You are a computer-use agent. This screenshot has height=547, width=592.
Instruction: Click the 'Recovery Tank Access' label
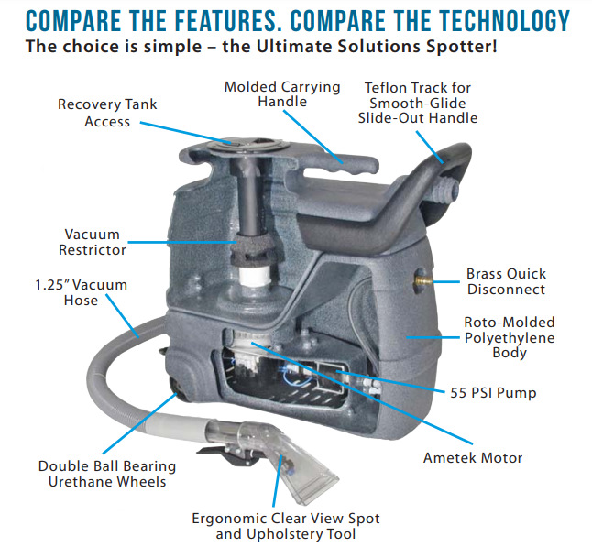point(107,113)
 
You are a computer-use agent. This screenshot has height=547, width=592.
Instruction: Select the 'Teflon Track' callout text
point(418,103)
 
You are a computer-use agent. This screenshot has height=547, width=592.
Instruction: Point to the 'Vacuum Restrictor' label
point(94,241)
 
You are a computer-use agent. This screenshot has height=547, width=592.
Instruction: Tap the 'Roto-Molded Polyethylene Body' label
point(509,338)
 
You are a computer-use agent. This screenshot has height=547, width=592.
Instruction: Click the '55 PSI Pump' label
point(493,393)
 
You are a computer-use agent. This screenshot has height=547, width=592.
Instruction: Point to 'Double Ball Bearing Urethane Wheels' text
point(107,473)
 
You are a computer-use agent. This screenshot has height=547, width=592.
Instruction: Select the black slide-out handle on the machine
point(431,183)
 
